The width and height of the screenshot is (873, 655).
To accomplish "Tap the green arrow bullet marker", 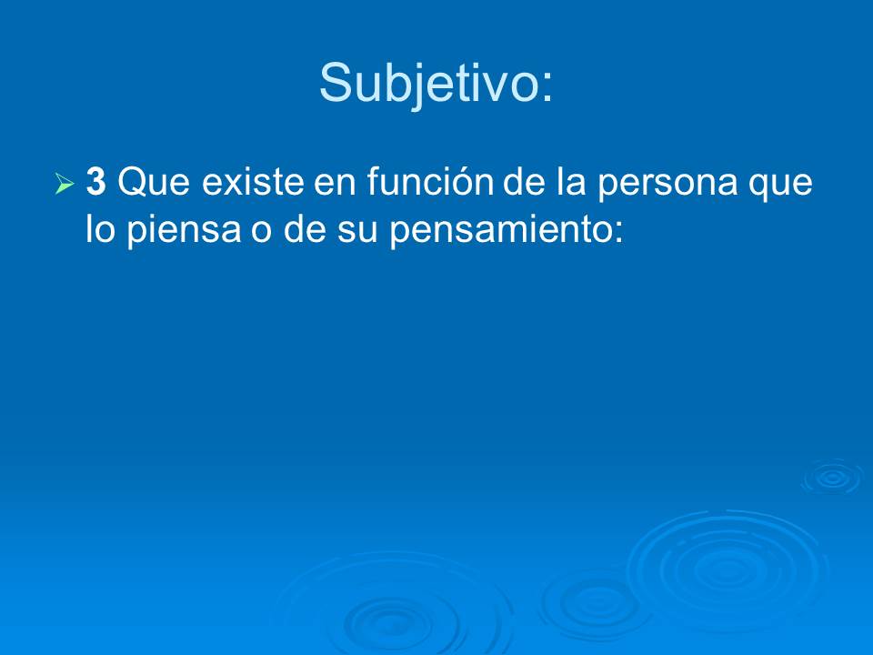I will pyautogui.click(x=64, y=185).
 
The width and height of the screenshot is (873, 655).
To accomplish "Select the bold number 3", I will pyautogui.click(x=96, y=182).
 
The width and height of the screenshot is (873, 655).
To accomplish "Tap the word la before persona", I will pyautogui.click(x=571, y=183).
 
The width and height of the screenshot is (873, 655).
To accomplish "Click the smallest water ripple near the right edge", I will pyautogui.click(x=831, y=477).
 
